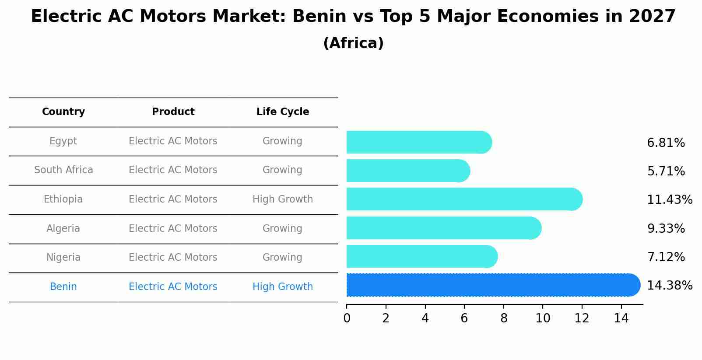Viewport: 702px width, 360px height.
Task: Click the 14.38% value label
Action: point(669,286)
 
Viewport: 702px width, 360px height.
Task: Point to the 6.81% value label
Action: point(666,143)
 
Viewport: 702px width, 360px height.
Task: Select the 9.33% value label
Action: point(666,228)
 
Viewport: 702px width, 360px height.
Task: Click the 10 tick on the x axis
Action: point(543,318)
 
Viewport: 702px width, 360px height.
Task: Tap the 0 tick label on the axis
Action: point(347,318)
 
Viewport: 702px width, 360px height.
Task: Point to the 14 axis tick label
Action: point(621,318)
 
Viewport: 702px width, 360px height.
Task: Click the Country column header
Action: point(63,112)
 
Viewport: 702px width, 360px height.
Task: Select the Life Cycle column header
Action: point(283,112)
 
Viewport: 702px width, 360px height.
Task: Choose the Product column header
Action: point(173,112)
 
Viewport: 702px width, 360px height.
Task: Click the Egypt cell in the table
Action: point(63,141)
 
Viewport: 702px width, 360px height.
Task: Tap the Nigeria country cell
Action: point(63,258)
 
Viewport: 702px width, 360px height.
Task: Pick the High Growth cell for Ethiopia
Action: point(283,199)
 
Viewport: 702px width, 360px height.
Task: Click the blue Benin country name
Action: point(63,287)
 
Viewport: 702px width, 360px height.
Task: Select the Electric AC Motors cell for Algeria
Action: point(173,228)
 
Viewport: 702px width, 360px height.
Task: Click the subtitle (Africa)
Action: point(353,43)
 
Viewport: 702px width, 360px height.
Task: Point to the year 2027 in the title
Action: point(652,17)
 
